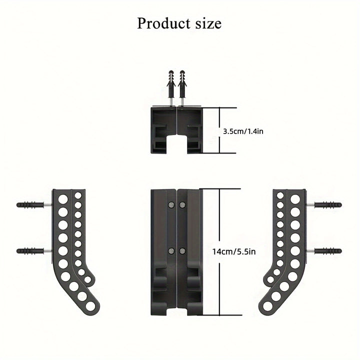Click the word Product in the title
tap(163, 23)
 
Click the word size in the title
tap(208, 23)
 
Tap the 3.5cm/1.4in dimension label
tap(243, 131)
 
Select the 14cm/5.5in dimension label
tap(233, 251)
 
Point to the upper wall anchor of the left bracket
tap(34, 204)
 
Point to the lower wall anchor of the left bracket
tap(34, 251)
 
